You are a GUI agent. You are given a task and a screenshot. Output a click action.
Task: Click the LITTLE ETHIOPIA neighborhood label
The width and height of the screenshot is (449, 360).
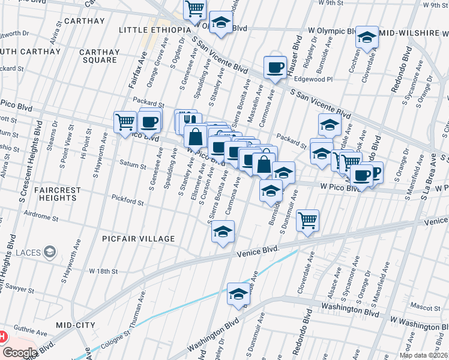coord(155,30)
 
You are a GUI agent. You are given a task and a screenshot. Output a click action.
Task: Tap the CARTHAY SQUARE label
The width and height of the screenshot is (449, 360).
coord(99,56)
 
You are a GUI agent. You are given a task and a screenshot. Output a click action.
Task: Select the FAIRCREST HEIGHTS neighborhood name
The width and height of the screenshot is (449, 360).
coord(58,194)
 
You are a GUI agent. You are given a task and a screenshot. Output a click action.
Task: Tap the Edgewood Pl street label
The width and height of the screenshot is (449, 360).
coord(313,79)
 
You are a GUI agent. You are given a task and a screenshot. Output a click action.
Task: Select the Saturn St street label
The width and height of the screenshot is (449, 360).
coord(133,166)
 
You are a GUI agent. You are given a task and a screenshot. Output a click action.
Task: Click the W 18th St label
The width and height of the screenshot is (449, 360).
coord(103,271)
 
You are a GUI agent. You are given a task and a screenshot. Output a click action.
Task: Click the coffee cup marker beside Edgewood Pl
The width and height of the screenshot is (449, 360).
coord(276,67)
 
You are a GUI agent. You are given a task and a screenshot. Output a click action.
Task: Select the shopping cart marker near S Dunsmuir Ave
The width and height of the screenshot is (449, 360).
coord(308,220)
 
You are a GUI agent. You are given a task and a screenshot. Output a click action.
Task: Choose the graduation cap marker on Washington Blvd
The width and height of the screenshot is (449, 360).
coord(238,294)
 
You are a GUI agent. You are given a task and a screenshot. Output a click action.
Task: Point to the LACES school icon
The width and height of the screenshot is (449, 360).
coord(51,251)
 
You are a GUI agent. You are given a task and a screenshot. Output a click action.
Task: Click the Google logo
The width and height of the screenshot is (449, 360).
coord(20,353)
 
